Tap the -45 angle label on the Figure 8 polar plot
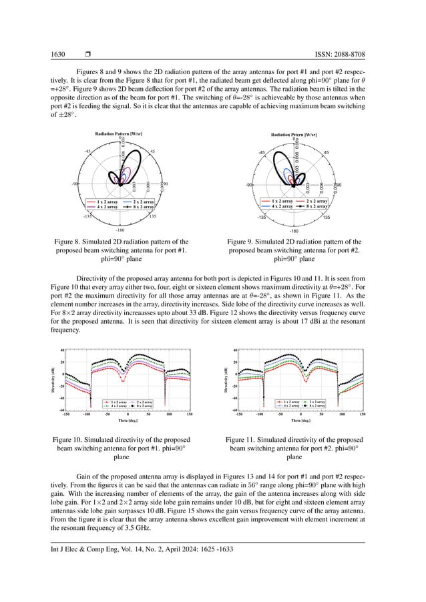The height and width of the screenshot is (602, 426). (x=88, y=152)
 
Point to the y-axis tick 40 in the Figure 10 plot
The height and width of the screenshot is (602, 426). (x=61, y=350)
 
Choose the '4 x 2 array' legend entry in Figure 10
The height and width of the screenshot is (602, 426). (x=118, y=405)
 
